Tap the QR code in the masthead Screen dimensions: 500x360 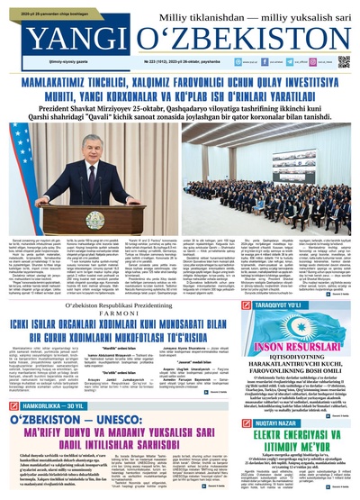pyautogui.click(x=344, y=61)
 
